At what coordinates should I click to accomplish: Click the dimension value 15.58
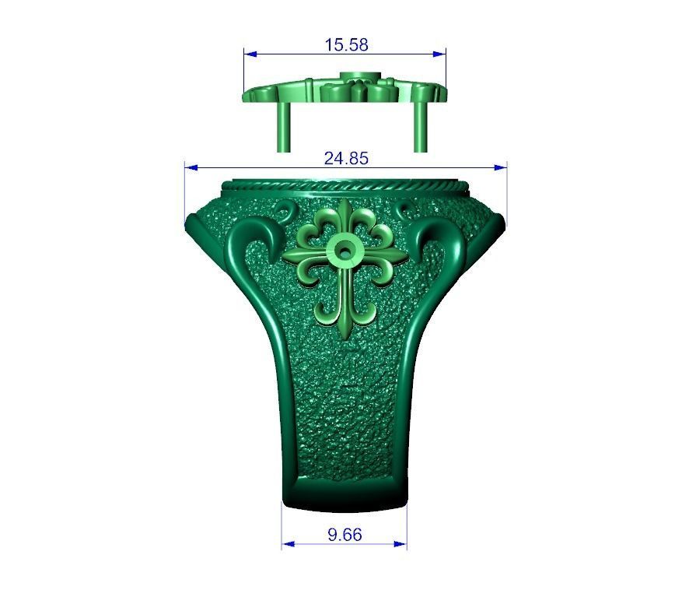tap(346, 44)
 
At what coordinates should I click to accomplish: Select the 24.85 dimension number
tap(346, 158)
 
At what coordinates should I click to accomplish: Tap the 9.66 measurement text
tap(345, 535)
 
